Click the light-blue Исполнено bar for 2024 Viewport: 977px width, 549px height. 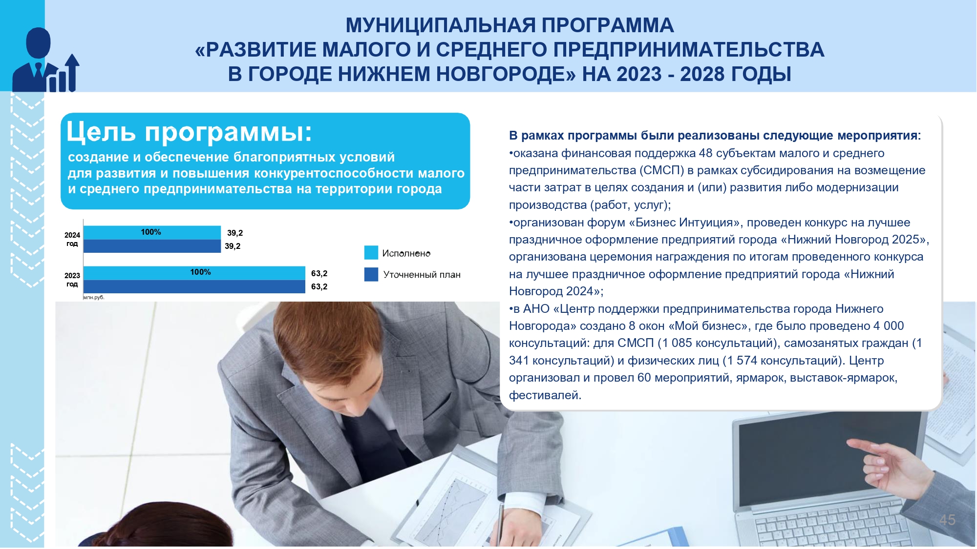coord(152,232)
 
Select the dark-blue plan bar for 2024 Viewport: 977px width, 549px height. coord(152,246)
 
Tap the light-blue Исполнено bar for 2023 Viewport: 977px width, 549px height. coord(194,273)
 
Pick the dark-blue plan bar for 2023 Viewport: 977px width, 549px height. coord(194,286)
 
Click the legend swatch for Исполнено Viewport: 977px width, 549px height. coord(371,253)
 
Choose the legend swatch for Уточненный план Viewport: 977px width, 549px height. coord(371,274)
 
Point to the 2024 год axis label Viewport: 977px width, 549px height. coord(72,240)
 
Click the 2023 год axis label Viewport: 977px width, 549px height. coord(72,280)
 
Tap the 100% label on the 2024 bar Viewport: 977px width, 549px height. coord(151,232)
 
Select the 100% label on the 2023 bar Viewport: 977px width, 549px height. coord(200,272)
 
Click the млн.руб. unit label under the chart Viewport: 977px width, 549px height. coord(94,297)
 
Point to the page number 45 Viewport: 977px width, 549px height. coord(947,520)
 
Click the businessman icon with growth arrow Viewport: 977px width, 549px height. coord(45,60)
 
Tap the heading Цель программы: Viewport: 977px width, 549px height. coord(189,132)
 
